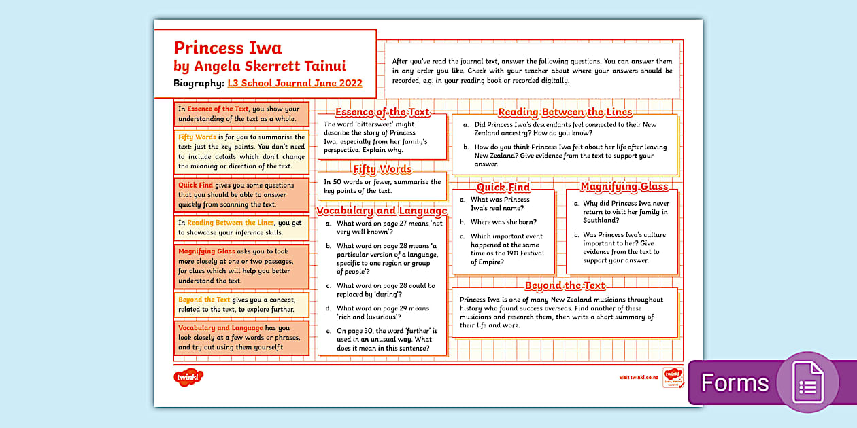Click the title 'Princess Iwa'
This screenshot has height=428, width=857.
tap(228, 48)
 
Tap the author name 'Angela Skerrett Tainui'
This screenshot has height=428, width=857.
tap(269, 66)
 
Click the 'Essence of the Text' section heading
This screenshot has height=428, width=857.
tap(382, 112)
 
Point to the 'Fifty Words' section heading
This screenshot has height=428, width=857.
tap(382, 169)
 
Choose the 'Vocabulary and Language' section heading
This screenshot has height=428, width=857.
tap(382, 211)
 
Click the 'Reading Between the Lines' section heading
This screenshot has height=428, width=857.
tap(565, 112)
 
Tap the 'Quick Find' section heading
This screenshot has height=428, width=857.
tap(503, 188)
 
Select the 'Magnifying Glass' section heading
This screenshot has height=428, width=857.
tap(624, 187)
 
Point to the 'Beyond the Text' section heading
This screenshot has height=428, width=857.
tap(565, 285)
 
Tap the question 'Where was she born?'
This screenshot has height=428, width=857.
tap(503, 222)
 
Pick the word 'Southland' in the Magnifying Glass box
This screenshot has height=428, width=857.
tap(601, 221)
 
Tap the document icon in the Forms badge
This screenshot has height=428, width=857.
tap(807, 382)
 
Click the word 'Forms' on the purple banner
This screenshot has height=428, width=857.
tap(735, 383)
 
